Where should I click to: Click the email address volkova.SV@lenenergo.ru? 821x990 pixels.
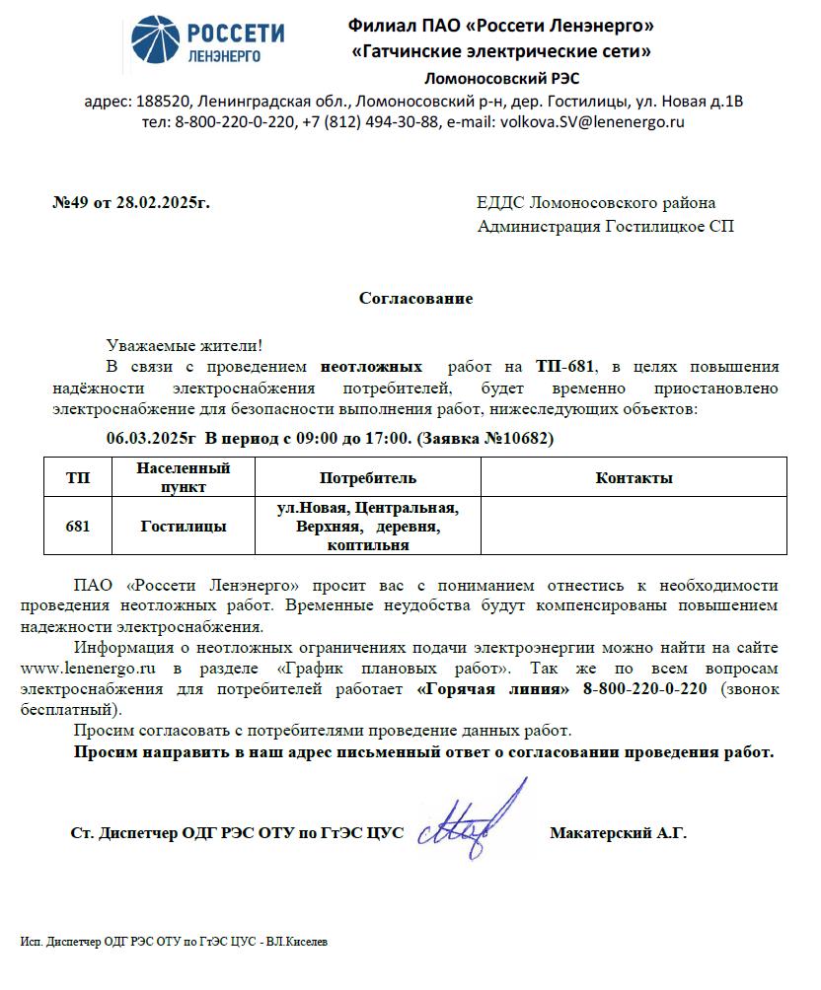[x=592, y=122]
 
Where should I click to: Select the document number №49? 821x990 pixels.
[x=70, y=203]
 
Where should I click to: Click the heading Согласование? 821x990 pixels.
[x=415, y=298]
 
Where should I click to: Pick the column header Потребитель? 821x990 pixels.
[x=368, y=478]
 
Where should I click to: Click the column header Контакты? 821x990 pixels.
[x=634, y=478]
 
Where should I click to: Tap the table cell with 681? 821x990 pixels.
[x=78, y=527]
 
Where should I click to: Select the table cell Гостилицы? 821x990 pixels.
[x=184, y=527]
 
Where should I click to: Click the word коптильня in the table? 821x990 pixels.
[x=368, y=544]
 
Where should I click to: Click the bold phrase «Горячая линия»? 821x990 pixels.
[x=493, y=688]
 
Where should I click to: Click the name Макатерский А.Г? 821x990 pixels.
[x=618, y=832]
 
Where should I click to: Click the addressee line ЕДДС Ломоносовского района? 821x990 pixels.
[x=596, y=203]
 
